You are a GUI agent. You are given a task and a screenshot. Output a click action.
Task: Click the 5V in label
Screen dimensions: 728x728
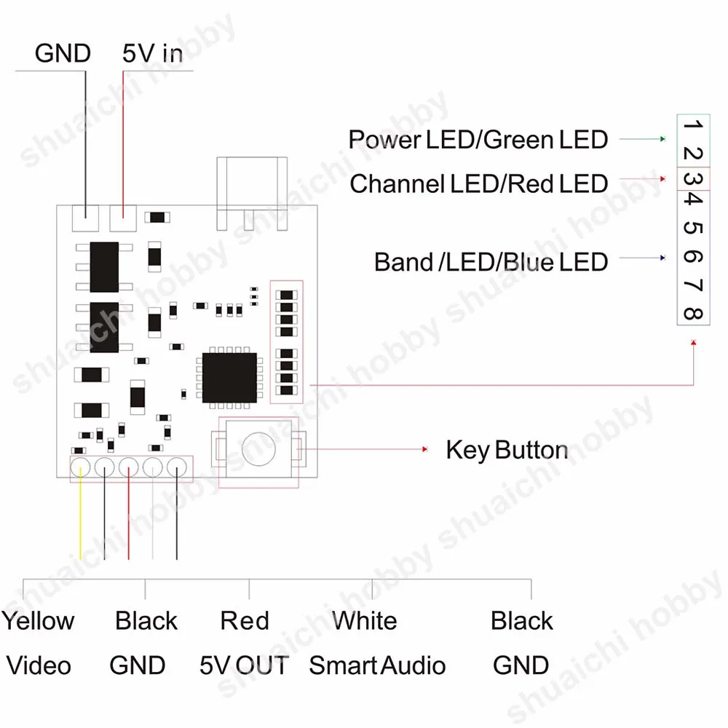pos(152,53)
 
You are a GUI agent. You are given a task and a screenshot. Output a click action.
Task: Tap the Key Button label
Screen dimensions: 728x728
pos(507,450)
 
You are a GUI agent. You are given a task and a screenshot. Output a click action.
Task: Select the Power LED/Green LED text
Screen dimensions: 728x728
pos(478,140)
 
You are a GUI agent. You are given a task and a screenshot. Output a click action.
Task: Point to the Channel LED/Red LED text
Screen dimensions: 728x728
pos(479,184)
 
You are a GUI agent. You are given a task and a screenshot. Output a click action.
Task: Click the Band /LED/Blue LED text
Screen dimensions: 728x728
pos(491,262)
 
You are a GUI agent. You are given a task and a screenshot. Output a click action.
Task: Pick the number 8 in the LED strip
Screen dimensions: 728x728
pos(693,314)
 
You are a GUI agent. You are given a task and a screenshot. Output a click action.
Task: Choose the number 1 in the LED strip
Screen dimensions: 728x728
pos(693,124)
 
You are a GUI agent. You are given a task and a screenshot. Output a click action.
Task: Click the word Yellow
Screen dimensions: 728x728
pos(38,621)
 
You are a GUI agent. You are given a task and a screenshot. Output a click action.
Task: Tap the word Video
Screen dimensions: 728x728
pos(39,665)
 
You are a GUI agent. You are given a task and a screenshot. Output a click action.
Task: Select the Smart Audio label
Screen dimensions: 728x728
pos(377,665)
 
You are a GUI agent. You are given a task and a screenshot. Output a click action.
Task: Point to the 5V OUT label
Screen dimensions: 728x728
pos(244,665)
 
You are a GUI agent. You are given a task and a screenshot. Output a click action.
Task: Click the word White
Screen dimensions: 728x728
pos(365,621)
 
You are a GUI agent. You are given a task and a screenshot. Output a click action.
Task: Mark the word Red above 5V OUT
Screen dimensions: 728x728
pos(245,621)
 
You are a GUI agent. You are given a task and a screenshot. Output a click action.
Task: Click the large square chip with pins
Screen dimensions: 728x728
pos(229,378)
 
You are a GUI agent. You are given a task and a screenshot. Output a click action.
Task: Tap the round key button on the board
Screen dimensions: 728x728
pos(259,449)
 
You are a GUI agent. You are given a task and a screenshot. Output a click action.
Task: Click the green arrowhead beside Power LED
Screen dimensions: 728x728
pos(663,139)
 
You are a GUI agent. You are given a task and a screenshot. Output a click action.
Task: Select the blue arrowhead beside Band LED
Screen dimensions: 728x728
pos(663,258)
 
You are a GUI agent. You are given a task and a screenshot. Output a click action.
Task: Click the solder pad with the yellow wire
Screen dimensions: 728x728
pos(80,467)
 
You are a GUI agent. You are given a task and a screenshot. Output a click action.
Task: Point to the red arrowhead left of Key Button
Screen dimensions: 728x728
pos(424,449)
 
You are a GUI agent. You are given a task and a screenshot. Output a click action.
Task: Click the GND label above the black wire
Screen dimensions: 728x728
pos(63,53)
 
